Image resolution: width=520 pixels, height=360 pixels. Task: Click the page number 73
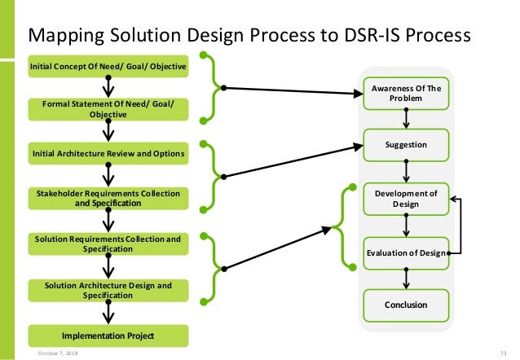pos(503,353)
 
